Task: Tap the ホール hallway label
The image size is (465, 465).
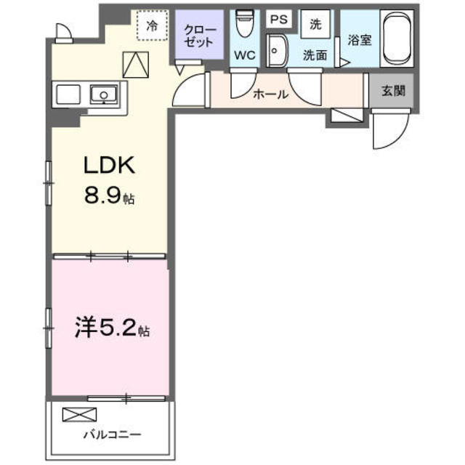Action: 270,94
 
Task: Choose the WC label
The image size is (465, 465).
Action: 243,55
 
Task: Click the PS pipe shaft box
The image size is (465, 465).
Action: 278,20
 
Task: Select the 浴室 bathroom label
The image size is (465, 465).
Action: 360,41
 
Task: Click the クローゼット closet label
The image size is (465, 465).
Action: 198,36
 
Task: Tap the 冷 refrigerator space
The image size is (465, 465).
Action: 152,26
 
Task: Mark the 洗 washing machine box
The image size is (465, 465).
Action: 315,23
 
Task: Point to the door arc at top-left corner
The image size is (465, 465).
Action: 62,30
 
